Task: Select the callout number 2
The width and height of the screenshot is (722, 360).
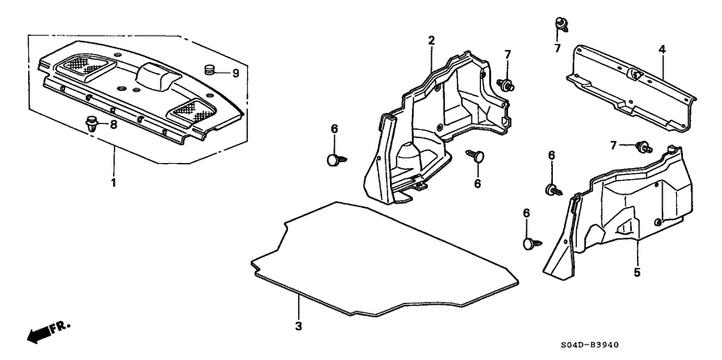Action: (432, 41)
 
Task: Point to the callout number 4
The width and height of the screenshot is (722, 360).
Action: (662, 50)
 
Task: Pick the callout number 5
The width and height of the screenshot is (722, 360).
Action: (637, 273)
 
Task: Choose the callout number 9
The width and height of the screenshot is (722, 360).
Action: (236, 73)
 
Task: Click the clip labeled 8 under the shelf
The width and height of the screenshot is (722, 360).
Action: (91, 123)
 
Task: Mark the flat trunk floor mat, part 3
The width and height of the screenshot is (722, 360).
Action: (382, 255)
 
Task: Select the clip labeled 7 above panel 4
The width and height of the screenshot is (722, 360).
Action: (561, 23)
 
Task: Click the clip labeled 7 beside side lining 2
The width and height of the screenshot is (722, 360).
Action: (507, 83)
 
